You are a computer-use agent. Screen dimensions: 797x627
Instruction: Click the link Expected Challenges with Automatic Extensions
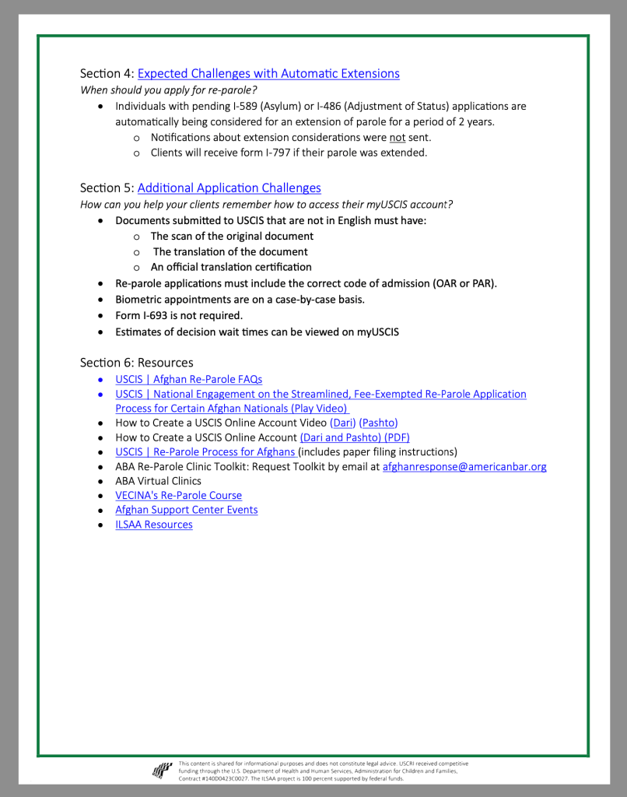point(268,74)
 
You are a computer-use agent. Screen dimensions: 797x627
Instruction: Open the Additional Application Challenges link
point(229,188)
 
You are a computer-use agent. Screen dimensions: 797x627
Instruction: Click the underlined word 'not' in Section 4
point(398,138)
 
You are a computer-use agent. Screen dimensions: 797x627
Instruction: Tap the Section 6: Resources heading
point(136,363)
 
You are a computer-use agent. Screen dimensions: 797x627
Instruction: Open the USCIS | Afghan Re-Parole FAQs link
point(188,380)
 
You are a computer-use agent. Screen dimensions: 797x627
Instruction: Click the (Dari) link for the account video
point(343,423)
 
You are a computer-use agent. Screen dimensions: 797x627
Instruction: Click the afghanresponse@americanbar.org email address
point(464,467)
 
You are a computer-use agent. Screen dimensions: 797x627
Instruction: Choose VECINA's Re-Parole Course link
point(178,496)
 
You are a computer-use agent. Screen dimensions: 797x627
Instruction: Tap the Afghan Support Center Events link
point(186,510)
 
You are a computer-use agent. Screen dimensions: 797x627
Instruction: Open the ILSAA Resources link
point(154,525)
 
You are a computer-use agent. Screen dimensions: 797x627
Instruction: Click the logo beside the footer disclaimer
point(162,771)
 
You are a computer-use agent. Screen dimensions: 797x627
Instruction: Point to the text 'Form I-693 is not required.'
point(179,316)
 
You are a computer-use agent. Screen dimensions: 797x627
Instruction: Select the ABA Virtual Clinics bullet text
point(158,481)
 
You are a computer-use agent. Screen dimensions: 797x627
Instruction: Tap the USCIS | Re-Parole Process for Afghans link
point(205,452)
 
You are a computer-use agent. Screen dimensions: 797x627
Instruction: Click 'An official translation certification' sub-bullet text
point(231,267)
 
